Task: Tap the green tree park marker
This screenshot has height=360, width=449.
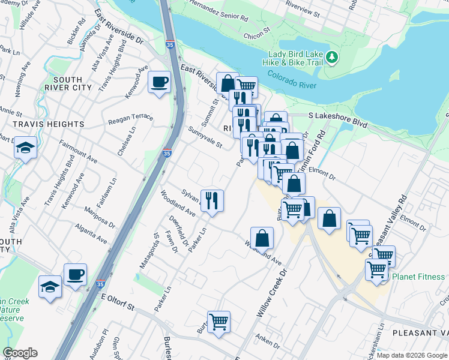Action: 331,58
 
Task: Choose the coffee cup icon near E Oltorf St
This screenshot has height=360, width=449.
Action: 75,275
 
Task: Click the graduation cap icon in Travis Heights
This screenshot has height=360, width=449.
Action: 26,147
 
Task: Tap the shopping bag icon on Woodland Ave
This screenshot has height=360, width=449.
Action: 262,237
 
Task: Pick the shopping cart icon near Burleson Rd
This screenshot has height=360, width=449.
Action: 219,320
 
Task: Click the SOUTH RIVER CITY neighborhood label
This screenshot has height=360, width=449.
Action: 72,83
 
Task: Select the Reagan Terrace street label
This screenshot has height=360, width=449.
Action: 130,119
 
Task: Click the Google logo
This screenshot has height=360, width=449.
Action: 20,353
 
